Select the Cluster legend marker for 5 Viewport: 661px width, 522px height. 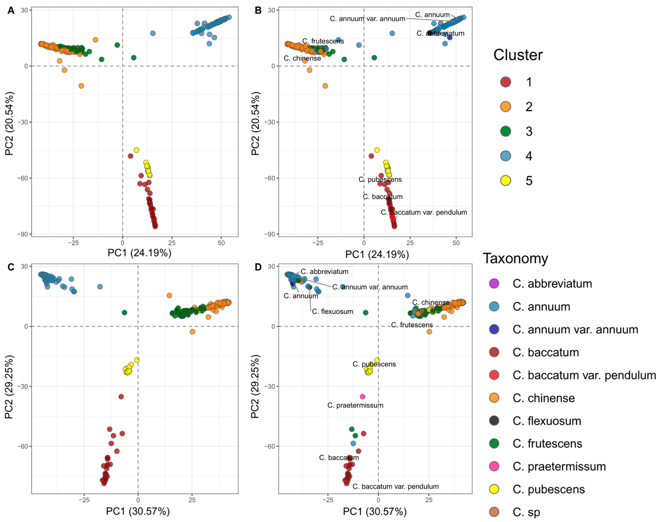(506, 181)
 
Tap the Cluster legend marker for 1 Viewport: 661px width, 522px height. (506, 82)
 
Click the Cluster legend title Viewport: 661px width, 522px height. (518, 55)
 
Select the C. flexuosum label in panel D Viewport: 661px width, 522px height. (333, 311)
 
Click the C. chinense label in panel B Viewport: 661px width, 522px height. (302, 58)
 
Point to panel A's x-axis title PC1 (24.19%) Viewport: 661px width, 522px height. (139, 253)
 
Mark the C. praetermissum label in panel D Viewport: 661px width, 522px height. (355, 405)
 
